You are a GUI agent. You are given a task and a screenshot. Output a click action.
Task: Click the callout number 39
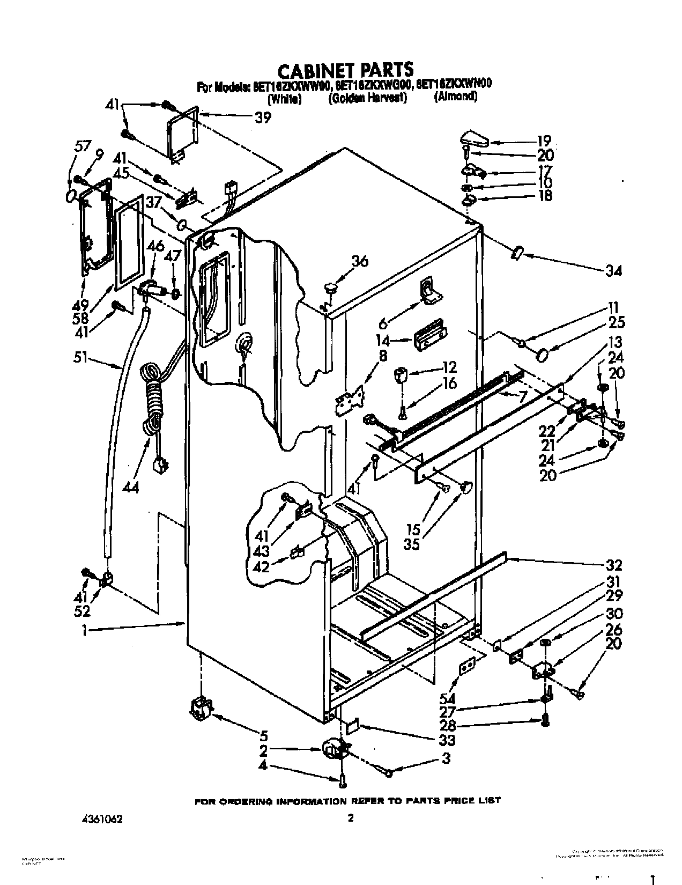pos(262,119)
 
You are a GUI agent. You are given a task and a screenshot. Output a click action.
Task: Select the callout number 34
pos(614,271)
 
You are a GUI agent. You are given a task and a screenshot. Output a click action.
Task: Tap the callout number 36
pos(360,261)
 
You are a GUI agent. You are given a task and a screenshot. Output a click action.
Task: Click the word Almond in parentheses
pos(456,97)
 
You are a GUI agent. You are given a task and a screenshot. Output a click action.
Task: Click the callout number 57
pos(83,146)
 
